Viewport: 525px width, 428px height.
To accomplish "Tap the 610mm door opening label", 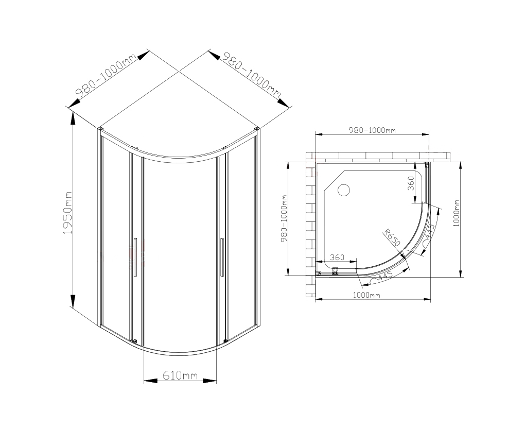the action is pos(180,375).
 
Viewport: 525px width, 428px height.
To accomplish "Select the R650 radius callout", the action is pos(392,237).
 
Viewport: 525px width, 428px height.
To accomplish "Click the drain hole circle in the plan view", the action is pos(343,190).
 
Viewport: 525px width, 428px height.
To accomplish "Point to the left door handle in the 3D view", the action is pos(135,257).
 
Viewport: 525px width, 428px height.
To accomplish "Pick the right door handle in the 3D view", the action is pos(222,258).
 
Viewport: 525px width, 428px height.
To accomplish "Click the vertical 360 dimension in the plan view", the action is pos(411,183).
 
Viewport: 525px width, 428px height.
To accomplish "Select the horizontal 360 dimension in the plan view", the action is pos(337,258).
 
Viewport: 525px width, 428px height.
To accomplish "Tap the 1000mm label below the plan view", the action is pos(366,295).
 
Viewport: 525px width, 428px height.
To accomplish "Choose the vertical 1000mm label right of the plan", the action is pos(457,213).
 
